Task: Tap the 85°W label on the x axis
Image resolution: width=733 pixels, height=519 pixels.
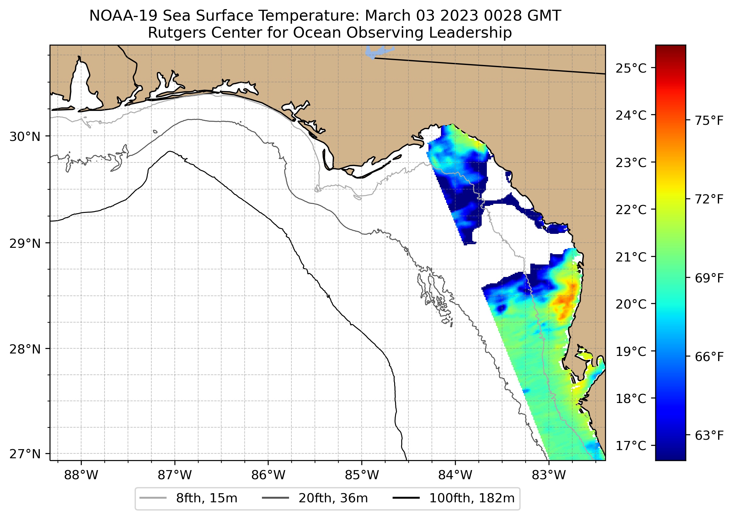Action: [362, 475]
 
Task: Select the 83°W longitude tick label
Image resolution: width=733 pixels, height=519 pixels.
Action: [549, 475]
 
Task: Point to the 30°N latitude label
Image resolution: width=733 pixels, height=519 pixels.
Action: [25, 137]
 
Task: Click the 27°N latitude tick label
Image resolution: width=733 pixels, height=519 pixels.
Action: [25, 454]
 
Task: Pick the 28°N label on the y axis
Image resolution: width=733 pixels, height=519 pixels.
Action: [25, 349]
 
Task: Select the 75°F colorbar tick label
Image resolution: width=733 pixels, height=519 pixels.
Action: [709, 121]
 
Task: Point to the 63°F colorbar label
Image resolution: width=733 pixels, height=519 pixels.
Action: [709, 435]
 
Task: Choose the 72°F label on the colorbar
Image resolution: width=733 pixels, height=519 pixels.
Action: [709, 200]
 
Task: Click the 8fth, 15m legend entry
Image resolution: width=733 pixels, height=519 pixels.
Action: [189, 498]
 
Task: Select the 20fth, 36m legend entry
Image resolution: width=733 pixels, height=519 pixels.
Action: [315, 498]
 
